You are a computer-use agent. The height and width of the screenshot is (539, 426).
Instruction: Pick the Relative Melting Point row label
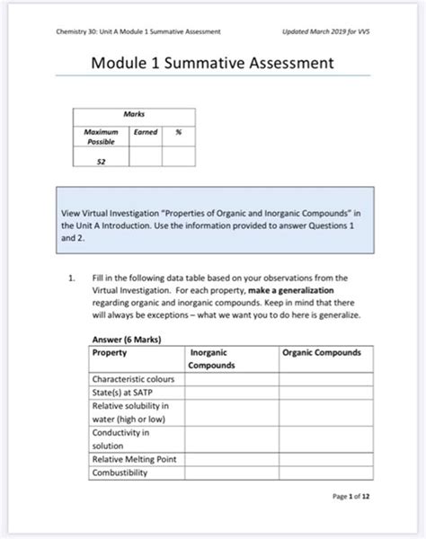click(135, 460)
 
